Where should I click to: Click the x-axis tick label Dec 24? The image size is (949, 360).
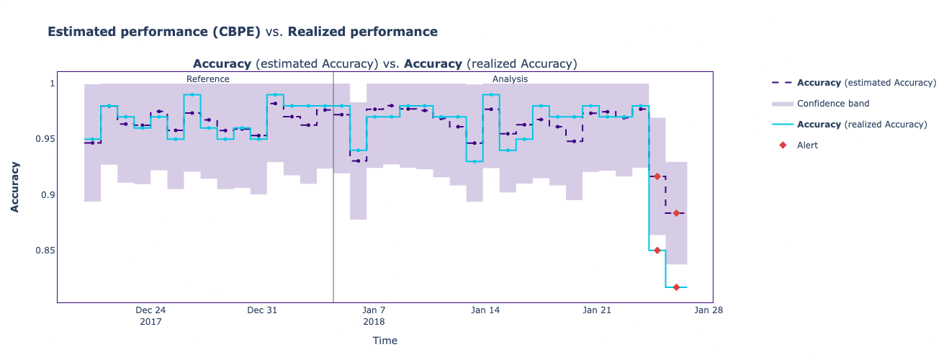pos(150,310)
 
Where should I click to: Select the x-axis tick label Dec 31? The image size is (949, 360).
pos(262,310)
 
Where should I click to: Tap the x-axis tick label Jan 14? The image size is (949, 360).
pos(485,310)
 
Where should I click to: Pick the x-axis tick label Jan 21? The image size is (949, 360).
pos(597,310)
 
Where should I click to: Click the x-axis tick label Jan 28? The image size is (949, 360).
pos(708,310)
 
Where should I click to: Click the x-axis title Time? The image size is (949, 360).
pos(384,341)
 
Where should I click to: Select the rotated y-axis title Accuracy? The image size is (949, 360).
pos(15,186)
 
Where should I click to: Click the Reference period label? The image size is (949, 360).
pos(207,79)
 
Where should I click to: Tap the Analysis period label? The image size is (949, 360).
pos(510,79)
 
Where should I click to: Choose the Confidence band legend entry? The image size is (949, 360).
pos(832,104)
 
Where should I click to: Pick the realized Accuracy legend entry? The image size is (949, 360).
pos(862,125)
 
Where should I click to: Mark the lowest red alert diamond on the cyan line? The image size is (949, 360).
pos(676,287)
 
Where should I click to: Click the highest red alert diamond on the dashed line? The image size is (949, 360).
pos(657,176)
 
